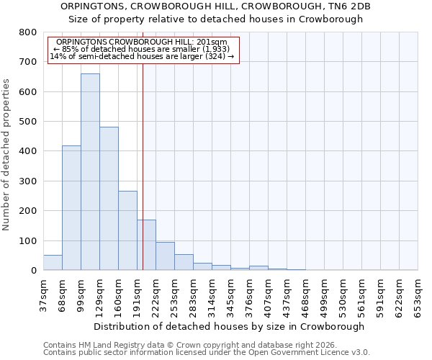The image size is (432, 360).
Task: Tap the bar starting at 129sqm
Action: [109, 198]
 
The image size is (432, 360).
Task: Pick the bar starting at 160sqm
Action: [127, 230]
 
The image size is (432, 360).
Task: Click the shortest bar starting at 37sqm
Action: [53, 263]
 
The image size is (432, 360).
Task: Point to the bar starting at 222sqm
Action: [165, 256]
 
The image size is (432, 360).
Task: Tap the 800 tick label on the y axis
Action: [27, 32]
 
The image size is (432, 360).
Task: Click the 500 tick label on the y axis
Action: [27, 122]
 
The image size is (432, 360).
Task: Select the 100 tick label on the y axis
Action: [27, 240]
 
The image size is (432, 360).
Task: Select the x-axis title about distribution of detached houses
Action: [229, 326]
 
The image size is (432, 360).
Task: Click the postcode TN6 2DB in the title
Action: [351, 6]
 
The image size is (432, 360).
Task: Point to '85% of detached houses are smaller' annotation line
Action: [141, 49]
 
